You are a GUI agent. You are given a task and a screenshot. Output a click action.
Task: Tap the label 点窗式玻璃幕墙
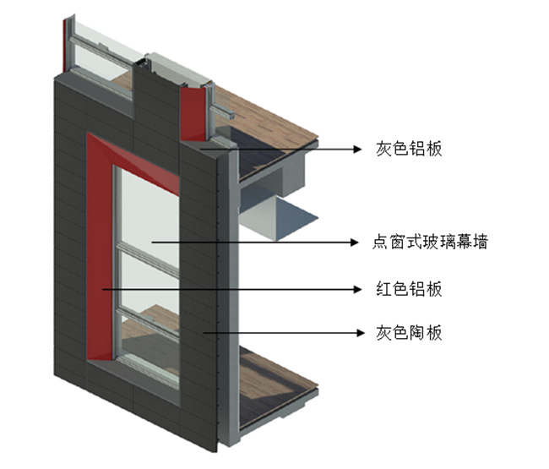click(430, 243)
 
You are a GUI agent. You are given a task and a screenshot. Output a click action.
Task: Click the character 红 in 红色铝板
click(382, 289)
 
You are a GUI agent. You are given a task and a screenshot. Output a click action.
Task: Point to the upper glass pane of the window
click(148, 207)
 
